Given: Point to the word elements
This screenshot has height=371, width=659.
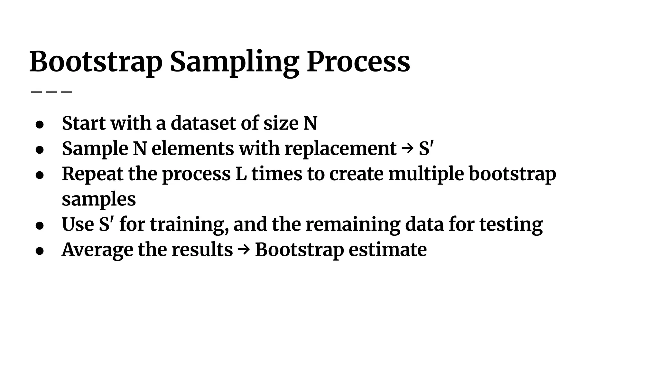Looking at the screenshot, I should click(x=192, y=148).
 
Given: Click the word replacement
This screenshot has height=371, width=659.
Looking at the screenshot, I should click(x=340, y=148).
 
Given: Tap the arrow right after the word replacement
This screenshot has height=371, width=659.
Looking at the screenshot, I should click(x=407, y=148).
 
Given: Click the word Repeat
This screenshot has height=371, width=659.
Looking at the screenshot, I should click(x=92, y=174).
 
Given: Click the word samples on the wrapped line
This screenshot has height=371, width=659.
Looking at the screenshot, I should click(x=99, y=199).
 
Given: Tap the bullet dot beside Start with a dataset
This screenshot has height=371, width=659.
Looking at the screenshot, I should click(x=40, y=124).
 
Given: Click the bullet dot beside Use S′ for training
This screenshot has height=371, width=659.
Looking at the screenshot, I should click(x=40, y=226).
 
